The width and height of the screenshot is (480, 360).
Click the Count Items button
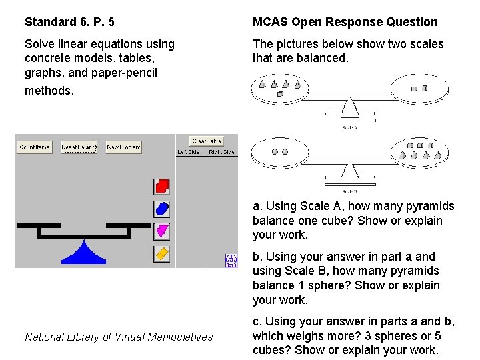click(x=35, y=147)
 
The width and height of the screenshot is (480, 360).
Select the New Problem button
click(x=123, y=147)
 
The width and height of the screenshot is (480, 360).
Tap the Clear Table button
click(x=206, y=141)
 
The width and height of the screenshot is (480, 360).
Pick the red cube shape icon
click(x=162, y=186)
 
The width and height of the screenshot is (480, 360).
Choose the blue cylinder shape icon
click(x=162, y=209)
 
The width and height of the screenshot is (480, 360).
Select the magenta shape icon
click(x=162, y=231)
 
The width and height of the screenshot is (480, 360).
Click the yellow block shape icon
click(x=162, y=254)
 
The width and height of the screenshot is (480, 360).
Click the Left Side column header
click(x=188, y=152)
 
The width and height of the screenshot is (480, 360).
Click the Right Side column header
click(x=221, y=152)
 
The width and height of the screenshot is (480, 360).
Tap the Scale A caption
click(x=349, y=127)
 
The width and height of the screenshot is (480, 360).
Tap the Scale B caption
click(x=349, y=192)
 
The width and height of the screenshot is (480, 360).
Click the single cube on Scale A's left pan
click(x=280, y=95)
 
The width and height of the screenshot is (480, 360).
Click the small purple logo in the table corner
click(x=231, y=260)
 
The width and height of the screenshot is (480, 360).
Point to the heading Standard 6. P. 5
click(x=69, y=22)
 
